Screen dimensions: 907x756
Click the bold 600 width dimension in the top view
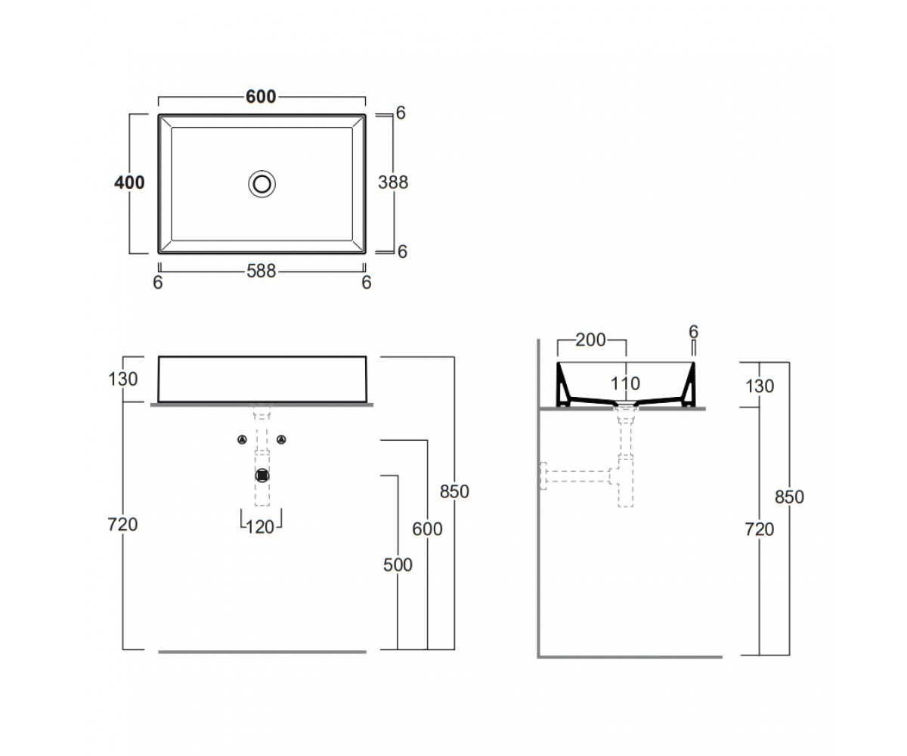261,97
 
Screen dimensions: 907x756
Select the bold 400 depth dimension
129,182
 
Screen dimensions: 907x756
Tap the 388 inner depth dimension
393,182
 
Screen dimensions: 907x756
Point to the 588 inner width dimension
261,271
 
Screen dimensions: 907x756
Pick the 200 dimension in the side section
591,340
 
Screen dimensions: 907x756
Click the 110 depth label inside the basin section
625,383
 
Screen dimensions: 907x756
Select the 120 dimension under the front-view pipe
260,528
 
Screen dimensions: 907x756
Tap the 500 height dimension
398,565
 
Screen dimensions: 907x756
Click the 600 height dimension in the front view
428,528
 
